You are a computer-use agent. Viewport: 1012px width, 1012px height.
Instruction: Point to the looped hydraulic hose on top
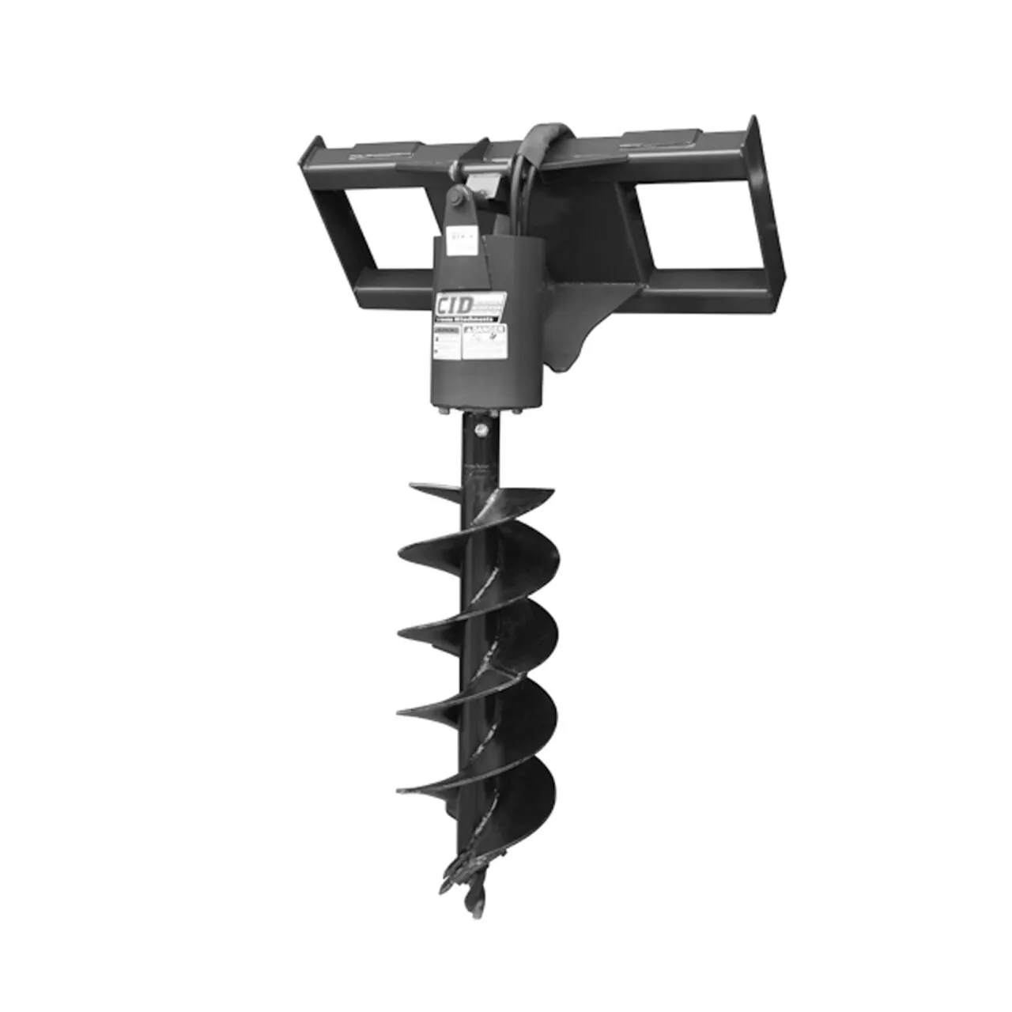544,138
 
